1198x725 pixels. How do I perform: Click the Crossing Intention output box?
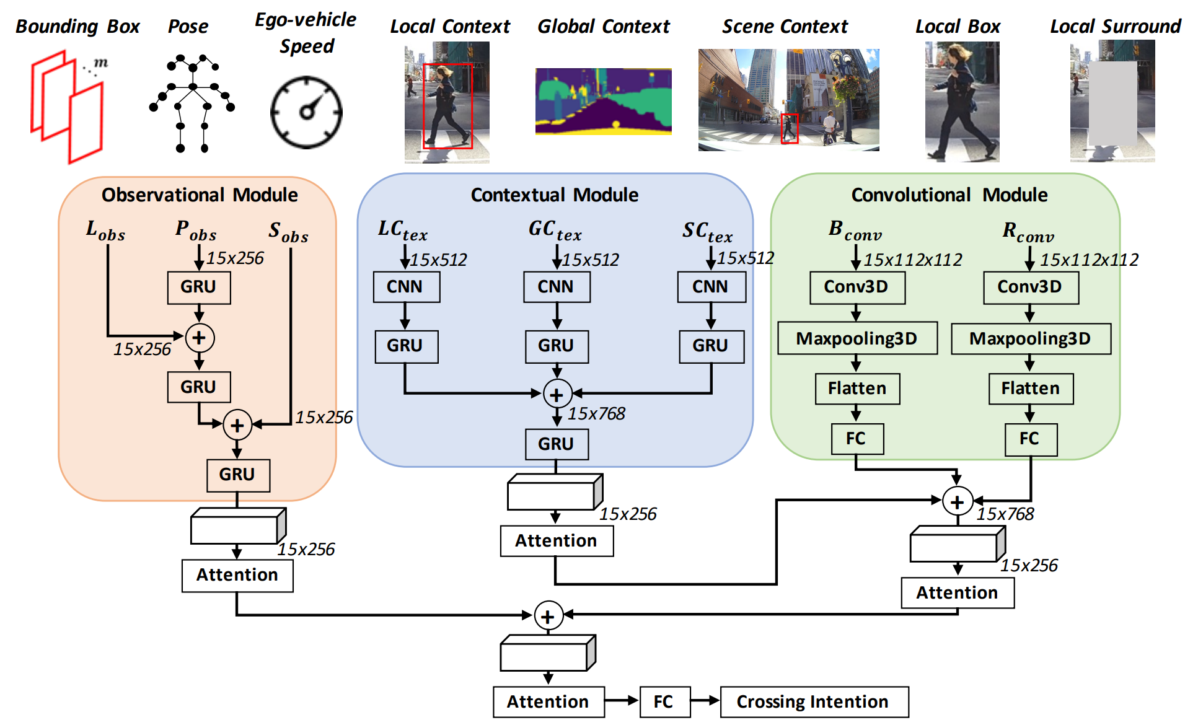(x=814, y=701)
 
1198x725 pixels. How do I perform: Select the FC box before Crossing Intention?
(x=664, y=701)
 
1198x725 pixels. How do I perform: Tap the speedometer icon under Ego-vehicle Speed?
(x=306, y=112)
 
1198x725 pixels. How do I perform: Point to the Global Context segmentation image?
(x=603, y=101)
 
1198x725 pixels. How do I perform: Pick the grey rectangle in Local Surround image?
(x=1112, y=103)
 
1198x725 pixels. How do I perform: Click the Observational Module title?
(x=200, y=195)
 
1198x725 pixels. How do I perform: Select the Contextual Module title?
(x=555, y=195)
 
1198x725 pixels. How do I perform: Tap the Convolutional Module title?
(x=949, y=195)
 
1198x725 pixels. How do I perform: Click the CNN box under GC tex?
(x=557, y=287)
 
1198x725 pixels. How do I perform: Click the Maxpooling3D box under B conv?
(x=857, y=338)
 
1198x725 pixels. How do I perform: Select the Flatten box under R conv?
(x=1031, y=389)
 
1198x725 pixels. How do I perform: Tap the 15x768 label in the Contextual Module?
(x=596, y=413)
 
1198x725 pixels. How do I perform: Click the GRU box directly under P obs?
(x=199, y=288)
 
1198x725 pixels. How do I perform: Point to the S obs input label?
(x=288, y=232)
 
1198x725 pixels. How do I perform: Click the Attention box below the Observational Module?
(x=237, y=576)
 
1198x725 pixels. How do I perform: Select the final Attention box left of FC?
(x=548, y=701)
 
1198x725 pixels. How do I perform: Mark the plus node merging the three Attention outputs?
(x=548, y=616)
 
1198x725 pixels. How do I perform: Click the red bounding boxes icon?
(x=67, y=107)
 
